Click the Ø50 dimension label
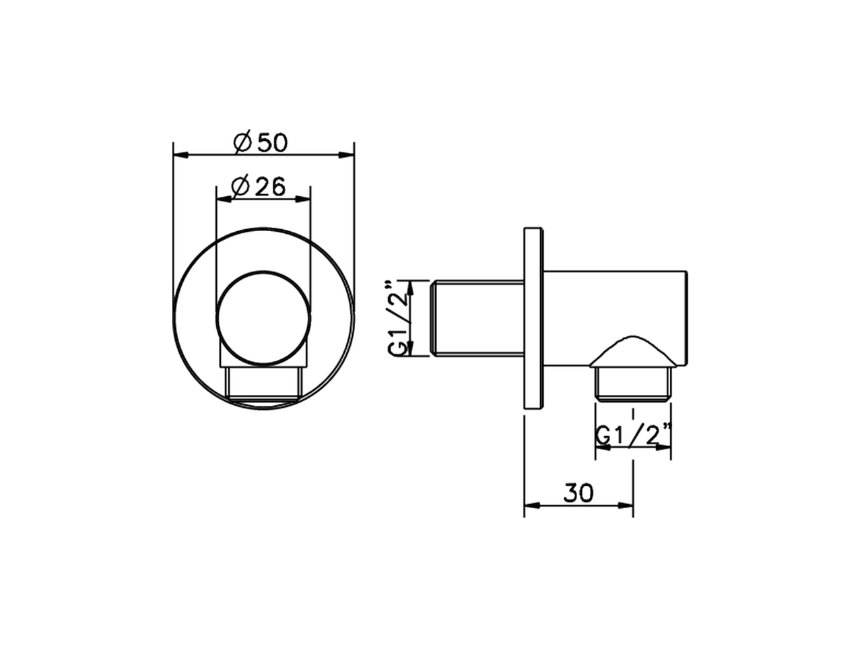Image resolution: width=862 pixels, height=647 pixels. [x=261, y=143]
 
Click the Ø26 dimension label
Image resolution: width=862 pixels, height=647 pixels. [x=259, y=186]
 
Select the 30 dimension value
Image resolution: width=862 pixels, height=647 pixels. [x=578, y=493]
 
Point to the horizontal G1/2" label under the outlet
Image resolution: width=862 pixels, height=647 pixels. [x=633, y=436]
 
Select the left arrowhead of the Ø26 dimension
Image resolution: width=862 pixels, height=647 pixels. [x=222, y=198]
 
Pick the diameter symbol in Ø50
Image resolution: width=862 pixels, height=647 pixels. [x=242, y=143]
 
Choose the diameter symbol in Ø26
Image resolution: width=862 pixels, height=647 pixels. [x=240, y=186]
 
